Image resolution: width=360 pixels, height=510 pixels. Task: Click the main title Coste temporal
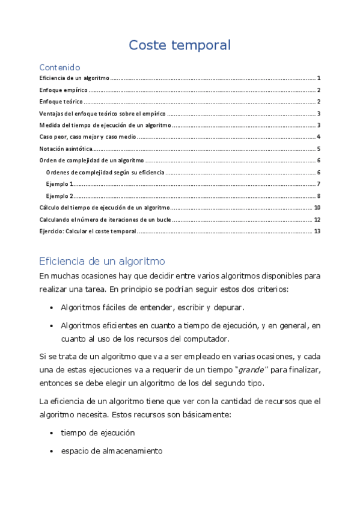[x=180, y=45]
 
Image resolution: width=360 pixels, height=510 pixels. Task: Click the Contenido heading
[x=59, y=67]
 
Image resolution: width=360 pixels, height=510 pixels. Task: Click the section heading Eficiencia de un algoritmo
[x=102, y=262]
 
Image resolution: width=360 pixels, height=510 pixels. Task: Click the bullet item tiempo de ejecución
[x=97, y=432]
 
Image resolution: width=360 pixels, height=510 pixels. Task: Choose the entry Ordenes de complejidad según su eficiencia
[x=105, y=173]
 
